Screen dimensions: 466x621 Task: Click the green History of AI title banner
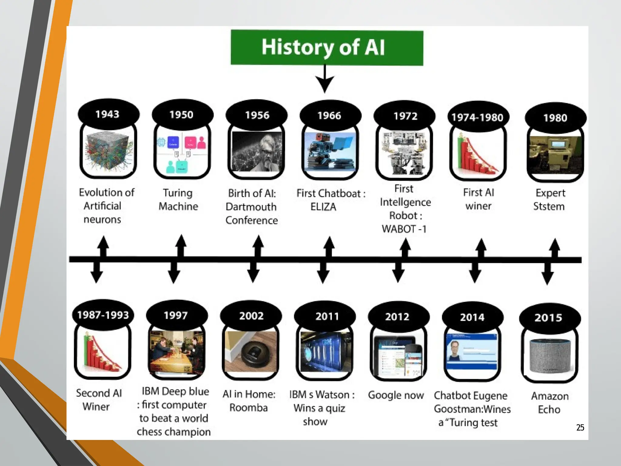tap(327, 48)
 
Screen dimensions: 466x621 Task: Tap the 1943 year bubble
tap(108, 114)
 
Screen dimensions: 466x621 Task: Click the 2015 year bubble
tap(549, 318)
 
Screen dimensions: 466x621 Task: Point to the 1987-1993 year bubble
tap(103, 315)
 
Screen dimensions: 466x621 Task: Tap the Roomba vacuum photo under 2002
tap(250, 352)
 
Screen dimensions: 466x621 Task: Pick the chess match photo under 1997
tap(177, 352)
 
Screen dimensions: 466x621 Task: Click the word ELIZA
tap(323, 207)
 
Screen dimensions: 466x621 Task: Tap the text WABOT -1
tap(404, 229)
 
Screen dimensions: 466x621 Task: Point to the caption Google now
tap(396, 395)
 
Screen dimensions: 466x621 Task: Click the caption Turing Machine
tap(178, 200)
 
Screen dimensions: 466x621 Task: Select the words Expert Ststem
tap(549, 200)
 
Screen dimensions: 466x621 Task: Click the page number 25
tap(580, 427)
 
